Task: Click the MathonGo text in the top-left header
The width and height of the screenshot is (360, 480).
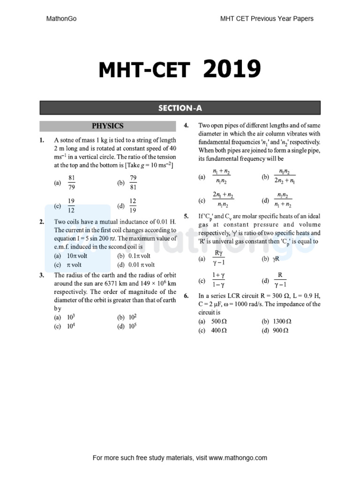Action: [61, 19]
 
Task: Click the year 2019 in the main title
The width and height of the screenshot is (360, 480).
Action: [232, 70]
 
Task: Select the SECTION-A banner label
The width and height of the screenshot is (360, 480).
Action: [180, 108]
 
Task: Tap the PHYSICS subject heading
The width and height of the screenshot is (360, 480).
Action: [107, 126]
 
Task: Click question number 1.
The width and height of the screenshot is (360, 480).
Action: [42, 140]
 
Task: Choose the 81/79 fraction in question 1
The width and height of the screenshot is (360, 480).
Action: [72, 183]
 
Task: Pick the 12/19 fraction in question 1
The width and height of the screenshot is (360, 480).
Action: [133, 205]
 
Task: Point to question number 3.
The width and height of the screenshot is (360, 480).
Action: [42, 275]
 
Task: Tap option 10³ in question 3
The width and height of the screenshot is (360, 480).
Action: [72, 317]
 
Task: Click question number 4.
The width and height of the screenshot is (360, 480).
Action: [186, 125]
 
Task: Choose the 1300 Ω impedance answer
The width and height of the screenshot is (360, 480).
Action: [282, 322]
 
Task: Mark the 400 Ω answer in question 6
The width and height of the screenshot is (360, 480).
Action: [218, 330]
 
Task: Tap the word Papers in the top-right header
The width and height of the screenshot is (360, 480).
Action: [303, 19]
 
